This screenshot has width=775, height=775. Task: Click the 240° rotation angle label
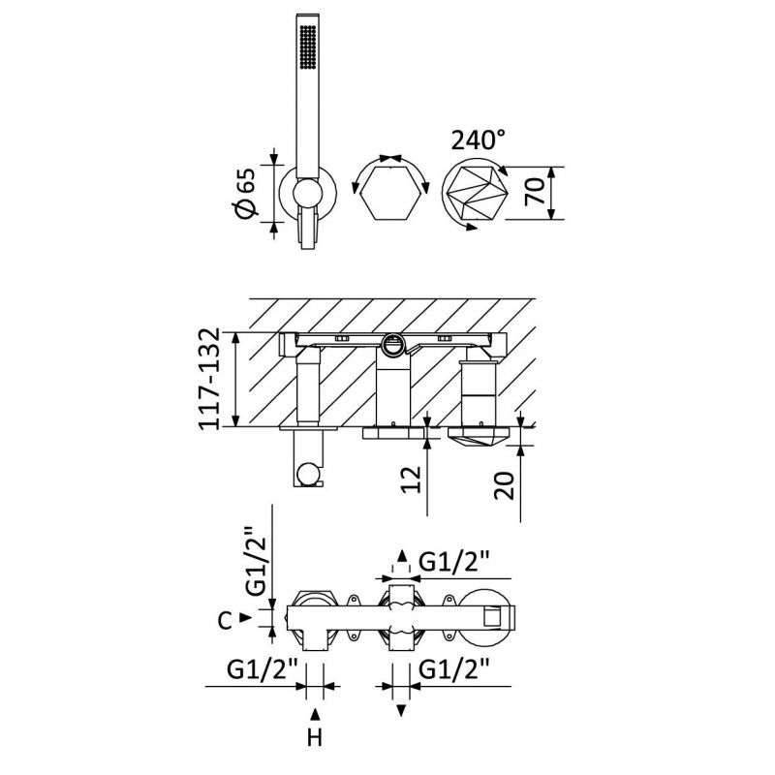[x=478, y=139]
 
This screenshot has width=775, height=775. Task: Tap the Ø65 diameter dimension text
[x=247, y=193]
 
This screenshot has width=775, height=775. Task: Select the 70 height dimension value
[x=535, y=192]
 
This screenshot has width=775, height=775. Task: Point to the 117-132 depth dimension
[x=208, y=379]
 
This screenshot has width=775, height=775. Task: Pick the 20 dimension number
[x=505, y=486]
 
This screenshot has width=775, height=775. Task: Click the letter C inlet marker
[x=225, y=621]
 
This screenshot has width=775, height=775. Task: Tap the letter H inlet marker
[x=315, y=738]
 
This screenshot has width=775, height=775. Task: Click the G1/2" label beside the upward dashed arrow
[x=454, y=561]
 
